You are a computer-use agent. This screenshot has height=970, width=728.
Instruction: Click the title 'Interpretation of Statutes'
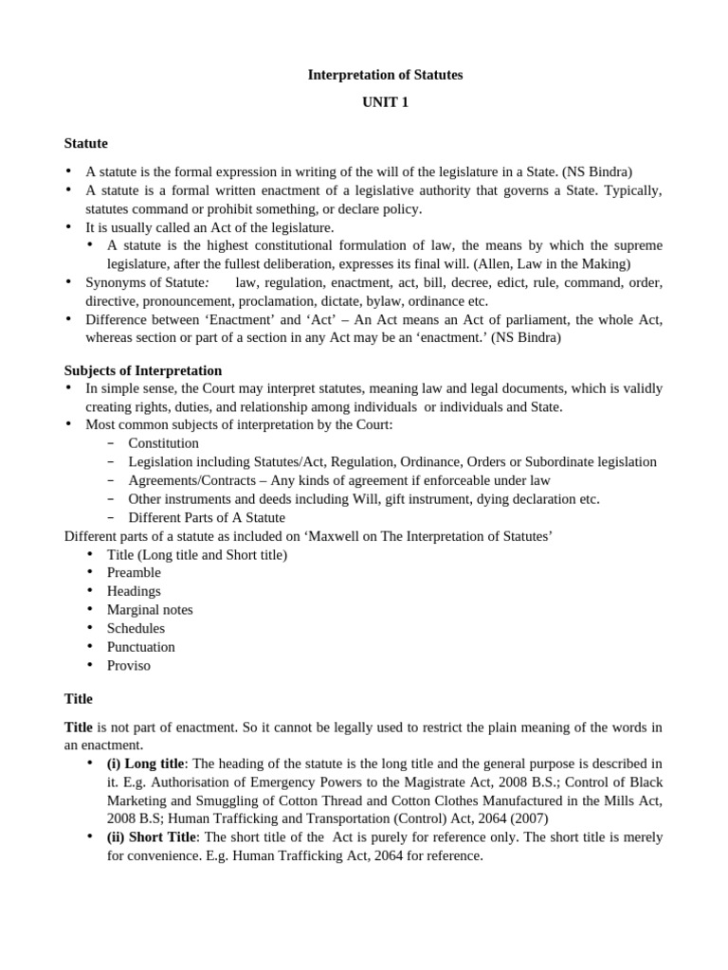pyautogui.click(x=385, y=75)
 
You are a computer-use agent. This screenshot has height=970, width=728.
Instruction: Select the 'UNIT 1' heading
pyautogui.click(x=385, y=102)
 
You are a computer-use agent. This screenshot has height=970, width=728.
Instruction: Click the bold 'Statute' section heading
pyautogui.click(x=85, y=144)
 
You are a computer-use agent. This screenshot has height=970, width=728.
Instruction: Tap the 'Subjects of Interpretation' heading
pyautogui.click(x=142, y=370)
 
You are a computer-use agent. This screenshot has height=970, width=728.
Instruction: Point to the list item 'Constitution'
pyautogui.click(x=163, y=443)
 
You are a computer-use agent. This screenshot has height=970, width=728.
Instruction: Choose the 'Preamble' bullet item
pyautogui.click(x=134, y=573)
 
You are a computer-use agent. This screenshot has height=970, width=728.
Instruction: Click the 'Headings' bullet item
pyautogui.click(x=134, y=591)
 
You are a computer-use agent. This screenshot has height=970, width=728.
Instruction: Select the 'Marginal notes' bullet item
pyautogui.click(x=150, y=610)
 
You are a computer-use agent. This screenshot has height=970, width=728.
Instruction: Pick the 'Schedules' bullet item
pyautogui.click(x=136, y=628)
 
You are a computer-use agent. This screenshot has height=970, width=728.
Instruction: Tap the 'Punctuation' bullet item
pyautogui.click(x=141, y=647)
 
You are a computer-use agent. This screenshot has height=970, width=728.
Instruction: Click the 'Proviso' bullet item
pyautogui.click(x=129, y=665)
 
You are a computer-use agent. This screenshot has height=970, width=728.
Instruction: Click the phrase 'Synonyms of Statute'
pyautogui.click(x=146, y=283)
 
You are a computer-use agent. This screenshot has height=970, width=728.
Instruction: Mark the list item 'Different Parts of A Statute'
pyautogui.click(x=207, y=517)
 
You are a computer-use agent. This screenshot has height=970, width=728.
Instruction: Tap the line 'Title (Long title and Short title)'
pyautogui.click(x=197, y=555)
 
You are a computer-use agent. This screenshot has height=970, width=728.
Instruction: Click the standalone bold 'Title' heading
pyautogui.click(x=78, y=699)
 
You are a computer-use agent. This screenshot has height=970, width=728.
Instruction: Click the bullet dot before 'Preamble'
pyautogui.click(x=90, y=573)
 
